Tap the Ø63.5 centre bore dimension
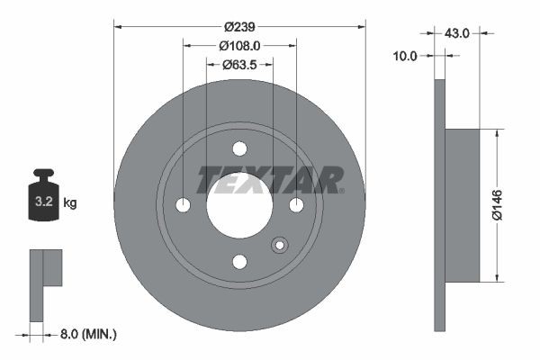tap(239, 64)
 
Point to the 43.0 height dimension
tap(456, 32)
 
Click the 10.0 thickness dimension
tap(406, 56)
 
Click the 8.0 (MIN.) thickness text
tap(86, 334)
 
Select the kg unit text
tap(70, 203)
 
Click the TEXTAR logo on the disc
tap(270, 179)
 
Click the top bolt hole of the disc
tap(239, 149)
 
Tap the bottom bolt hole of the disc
tap(239, 261)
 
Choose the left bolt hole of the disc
tap(184, 205)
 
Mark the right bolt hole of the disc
tap(296, 205)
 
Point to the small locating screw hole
tap(279, 244)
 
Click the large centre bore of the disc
tap(239, 205)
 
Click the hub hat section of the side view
tap(463, 205)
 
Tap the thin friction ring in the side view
tap(440, 205)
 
